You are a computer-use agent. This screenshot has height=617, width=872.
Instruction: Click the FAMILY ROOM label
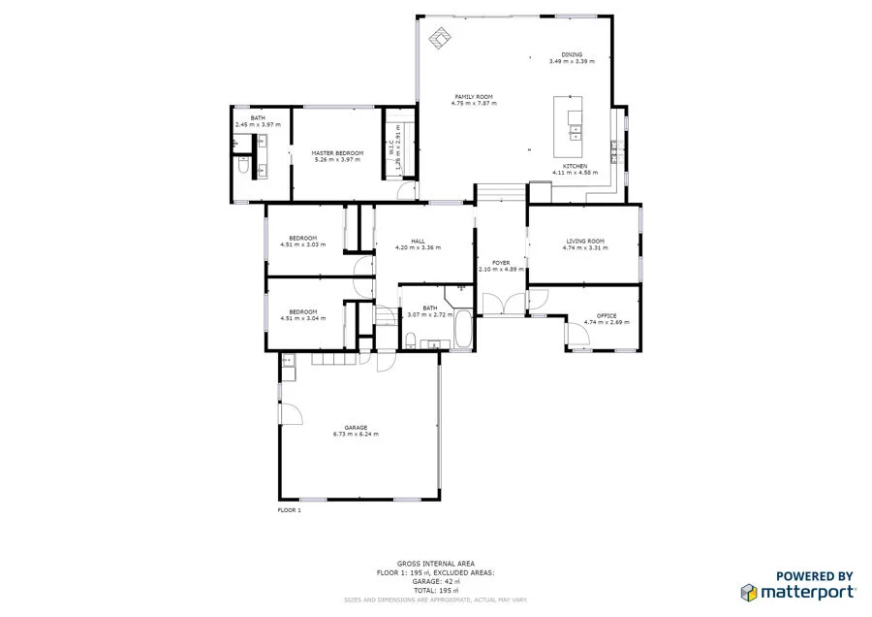(x=474, y=97)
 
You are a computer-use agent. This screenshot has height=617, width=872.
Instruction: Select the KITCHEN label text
(x=571, y=166)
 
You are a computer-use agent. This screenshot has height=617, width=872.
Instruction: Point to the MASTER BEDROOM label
(x=337, y=153)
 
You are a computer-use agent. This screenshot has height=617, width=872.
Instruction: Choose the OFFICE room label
(x=607, y=315)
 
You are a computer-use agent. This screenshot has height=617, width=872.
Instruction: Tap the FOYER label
(x=501, y=263)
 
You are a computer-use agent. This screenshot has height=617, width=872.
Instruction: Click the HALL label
(x=418, y=241)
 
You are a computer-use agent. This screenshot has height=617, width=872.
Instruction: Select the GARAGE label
(x=356, y=428)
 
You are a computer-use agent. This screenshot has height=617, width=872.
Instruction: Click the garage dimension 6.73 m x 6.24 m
(x=356, y=435)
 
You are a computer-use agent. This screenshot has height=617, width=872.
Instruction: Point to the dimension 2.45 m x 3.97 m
(x=258, y=124)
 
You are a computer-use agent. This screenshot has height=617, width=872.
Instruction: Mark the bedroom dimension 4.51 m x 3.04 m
(x=302, y=317)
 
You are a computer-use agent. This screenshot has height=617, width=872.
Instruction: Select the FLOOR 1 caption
(x=290, y=509)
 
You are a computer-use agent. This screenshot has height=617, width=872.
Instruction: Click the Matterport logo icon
(x=748, y=591)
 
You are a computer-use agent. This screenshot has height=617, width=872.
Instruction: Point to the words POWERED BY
(x=814, y=575)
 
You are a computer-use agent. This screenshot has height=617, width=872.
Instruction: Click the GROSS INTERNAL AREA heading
(x=421, y=563)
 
